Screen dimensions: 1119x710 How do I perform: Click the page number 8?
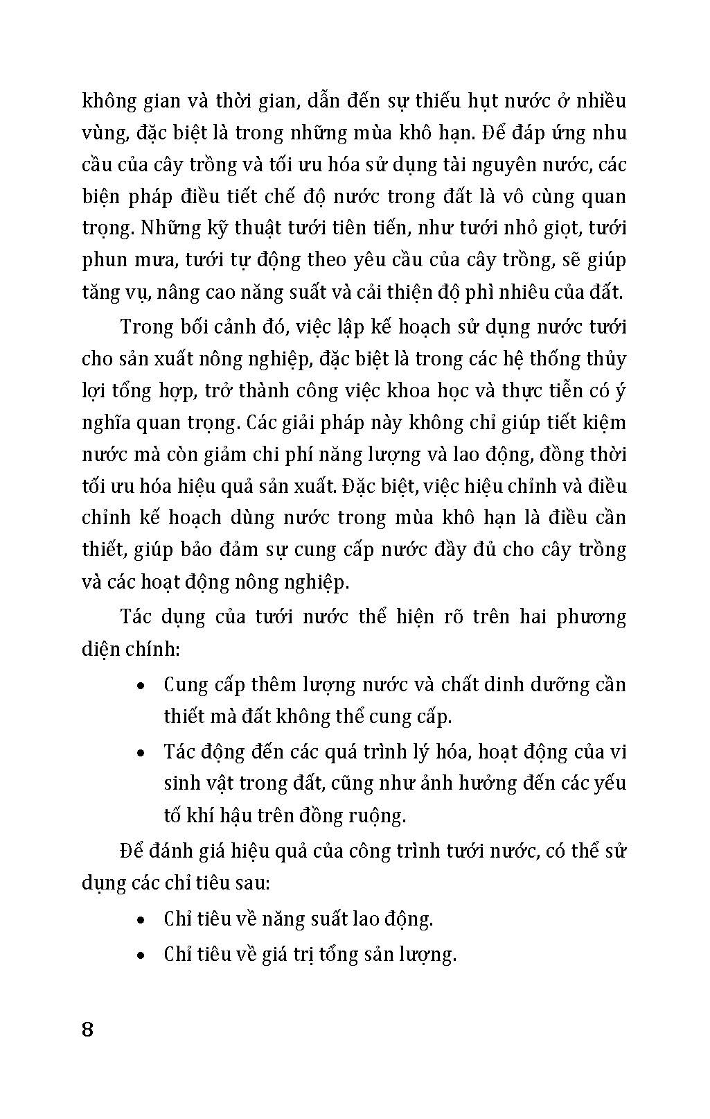(x=87, y=1030)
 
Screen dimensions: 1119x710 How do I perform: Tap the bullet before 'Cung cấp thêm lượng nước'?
(x=141, y=686)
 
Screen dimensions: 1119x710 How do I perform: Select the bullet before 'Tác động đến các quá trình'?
(x=141, y=753)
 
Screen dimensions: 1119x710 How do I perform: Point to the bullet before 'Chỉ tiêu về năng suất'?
(x=141, y=921)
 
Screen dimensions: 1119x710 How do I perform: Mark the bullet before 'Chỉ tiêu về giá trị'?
(x=141, y=956)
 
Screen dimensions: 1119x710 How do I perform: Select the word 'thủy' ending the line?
(x=606, y=359)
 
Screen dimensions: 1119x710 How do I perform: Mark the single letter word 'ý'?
(x=621, y=392)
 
